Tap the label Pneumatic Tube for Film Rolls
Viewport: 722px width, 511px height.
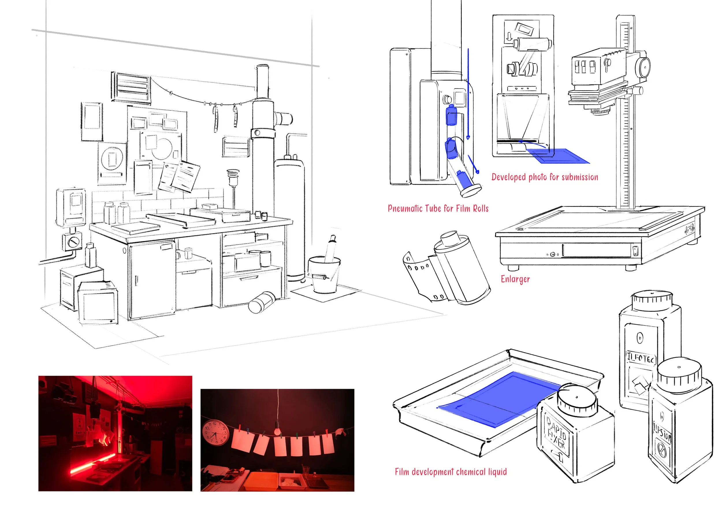tap(438, 208)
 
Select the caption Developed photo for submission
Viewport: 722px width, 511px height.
tap(545, 177)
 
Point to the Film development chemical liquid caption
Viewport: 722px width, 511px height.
tap(451, 472)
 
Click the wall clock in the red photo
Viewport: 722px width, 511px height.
tap(215, 432)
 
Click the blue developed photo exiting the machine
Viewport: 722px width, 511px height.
tap(557, 156)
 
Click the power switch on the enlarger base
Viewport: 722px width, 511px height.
tap(635, 251)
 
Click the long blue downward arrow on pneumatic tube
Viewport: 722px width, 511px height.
tap(468, 95)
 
